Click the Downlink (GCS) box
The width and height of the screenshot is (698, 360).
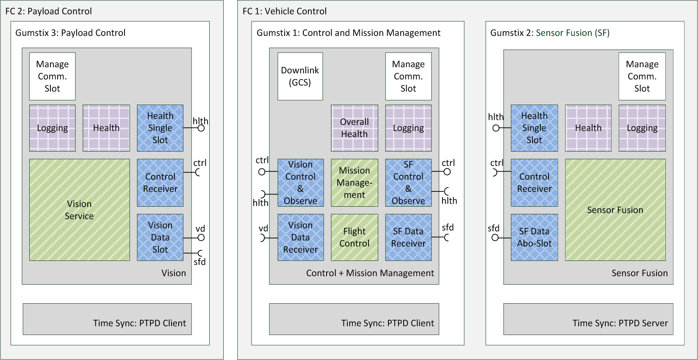point(300,76)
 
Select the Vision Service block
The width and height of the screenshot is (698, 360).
point(80,210)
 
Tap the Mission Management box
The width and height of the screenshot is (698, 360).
point(355,183)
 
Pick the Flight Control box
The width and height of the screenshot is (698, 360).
point(355,237)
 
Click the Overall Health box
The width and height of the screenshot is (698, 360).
point(355,128)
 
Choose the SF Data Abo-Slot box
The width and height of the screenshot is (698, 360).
point(535,237)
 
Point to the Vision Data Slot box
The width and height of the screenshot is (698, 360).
point(160,237)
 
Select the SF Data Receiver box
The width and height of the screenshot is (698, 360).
point(409,237)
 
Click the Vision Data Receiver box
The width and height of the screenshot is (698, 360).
point(301,237)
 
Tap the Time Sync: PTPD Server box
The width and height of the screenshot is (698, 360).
point(588,319)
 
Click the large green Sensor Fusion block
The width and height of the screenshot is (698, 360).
point(615,210)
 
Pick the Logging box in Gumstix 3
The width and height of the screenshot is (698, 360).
point(53,128)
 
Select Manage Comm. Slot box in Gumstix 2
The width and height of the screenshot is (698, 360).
point(642,76)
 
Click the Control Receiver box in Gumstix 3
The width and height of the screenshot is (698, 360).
point(160,183)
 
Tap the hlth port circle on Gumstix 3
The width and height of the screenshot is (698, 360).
point(201,128)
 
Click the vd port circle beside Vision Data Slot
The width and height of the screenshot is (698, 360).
point(201,238)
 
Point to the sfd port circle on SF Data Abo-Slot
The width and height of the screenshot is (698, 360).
point(495,238)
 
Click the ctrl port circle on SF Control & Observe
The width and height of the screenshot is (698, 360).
point(447,172)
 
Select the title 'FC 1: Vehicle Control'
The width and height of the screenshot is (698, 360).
point(285,11)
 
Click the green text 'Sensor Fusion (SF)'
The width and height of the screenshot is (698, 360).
point(573,33)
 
